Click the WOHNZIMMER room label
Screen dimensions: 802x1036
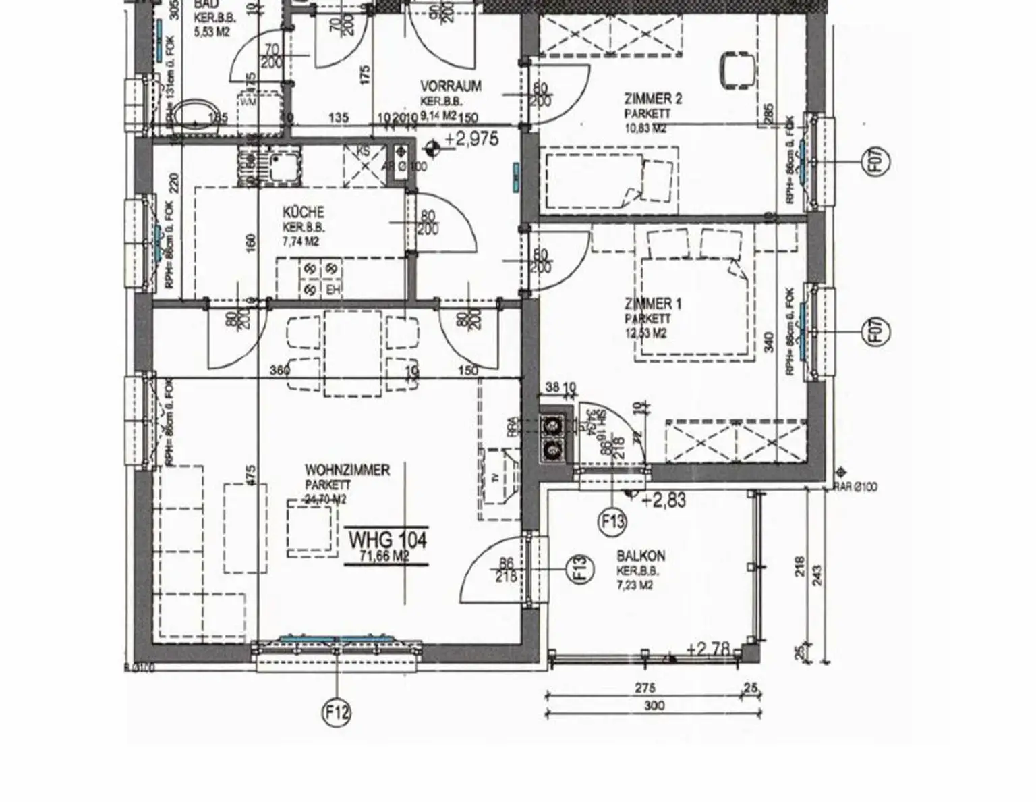pos(347,470)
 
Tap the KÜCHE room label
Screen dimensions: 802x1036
pos(303,212)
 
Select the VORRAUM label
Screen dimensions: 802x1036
pos(451,86)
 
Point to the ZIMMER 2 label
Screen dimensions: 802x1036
pos(652,99)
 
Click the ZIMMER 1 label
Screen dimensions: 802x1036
pos(652,304)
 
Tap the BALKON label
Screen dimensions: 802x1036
pos(641,556)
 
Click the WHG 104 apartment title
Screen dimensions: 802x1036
pos(387,539)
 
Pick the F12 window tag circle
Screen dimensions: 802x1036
pos(337,712)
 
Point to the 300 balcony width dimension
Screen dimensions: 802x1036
pos(654,706)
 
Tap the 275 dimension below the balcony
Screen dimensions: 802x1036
pos(645,689)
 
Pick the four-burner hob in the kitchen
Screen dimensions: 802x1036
pos(321,279)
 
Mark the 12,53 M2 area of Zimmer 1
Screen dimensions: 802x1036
pos(645,332)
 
